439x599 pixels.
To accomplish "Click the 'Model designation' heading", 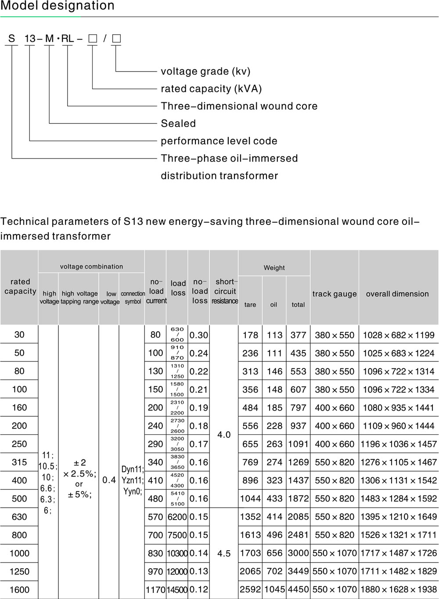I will coord(58,6).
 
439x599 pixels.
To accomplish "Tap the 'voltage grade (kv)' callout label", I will coord(205,71).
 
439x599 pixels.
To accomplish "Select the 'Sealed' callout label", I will coord(178,123).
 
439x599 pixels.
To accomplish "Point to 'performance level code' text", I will coord(219,141).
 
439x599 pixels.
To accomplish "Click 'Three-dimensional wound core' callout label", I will coord(239,106).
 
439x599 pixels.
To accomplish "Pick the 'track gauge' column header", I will coord(335,294).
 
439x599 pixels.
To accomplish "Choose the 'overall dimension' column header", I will coord(397,294).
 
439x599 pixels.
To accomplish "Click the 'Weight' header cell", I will coord(274,267).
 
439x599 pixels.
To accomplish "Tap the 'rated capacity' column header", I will coord(20,286).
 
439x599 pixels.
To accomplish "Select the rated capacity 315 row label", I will coord(19,462).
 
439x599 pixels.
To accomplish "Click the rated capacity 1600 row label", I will coord(19,589).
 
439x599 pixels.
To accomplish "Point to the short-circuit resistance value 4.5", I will coord(224,553).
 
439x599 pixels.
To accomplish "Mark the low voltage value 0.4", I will coord(109,480).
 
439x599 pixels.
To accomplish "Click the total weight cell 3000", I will coord(298,553).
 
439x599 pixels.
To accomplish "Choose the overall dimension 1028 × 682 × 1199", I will coord(398,335).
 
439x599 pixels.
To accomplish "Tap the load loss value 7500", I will coord(177,535).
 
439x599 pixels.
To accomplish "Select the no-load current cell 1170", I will coord(155,589).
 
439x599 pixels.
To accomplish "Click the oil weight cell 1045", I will coord(274,589).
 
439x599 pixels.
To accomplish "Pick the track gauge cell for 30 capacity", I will coord(335,335).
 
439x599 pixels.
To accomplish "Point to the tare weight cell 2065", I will coord(250,571).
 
